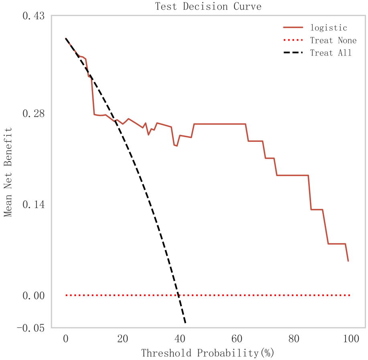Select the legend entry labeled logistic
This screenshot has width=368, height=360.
[328, 28]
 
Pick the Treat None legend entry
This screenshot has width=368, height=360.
[333, 40]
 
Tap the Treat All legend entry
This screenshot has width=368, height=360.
[331, 53]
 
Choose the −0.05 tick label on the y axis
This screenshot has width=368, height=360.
[30, 328]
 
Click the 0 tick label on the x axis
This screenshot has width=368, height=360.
[65, 339]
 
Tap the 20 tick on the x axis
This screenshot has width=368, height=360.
[122, 339]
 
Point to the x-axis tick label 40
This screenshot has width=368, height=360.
[180, 339]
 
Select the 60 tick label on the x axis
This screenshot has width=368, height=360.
[237, 339]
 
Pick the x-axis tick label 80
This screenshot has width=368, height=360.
[294, 339]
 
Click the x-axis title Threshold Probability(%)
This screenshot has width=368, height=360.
[207, 353]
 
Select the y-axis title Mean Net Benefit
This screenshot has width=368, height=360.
[8, 172]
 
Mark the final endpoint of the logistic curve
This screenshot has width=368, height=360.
[348, 261]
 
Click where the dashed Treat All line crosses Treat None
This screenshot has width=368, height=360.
[178, 295]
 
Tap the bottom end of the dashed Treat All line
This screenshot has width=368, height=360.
[185, 323]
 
